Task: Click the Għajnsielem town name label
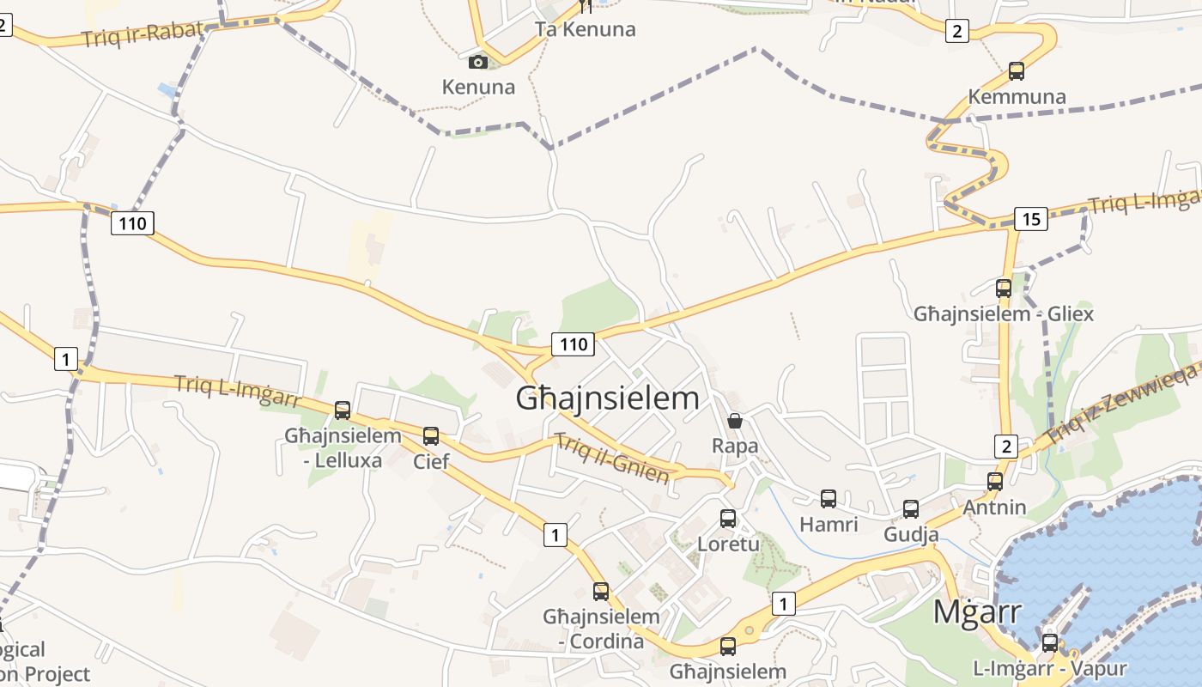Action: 607,398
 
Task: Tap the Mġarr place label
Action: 976,612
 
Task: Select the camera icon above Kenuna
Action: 478,62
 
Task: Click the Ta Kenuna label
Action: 586,29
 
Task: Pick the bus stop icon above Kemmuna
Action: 1017,71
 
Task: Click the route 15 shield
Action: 1030,219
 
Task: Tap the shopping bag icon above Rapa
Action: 735,421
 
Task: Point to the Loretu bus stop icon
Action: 728,519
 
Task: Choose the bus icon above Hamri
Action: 829,499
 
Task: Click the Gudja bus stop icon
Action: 911,509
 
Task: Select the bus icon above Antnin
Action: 995,482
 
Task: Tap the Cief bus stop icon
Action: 431,436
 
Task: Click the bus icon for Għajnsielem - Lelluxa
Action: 343,410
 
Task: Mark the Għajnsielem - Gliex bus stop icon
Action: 1004,289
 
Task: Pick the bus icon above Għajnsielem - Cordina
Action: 601,592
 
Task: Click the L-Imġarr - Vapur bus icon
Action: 1049,643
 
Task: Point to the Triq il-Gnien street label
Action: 612,459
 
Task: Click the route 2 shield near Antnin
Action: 1006,447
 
